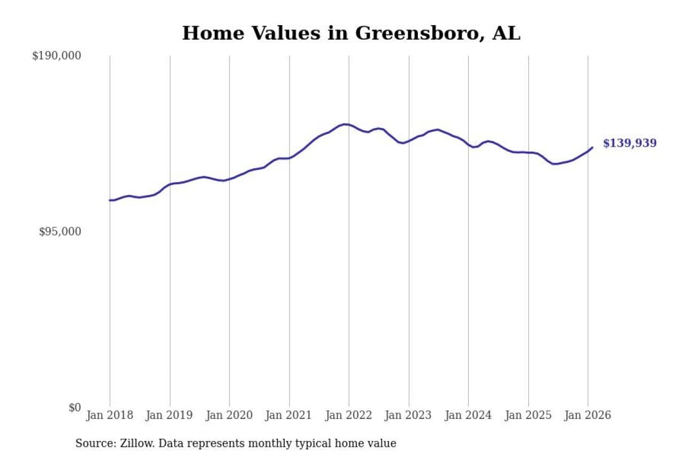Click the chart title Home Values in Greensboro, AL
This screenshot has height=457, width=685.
(351, 33)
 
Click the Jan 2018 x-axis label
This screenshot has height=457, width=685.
(110, 415)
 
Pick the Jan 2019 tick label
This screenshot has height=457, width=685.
(170, 415)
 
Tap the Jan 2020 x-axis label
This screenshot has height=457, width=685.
(230, 415)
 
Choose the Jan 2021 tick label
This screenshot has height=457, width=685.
(290, 415)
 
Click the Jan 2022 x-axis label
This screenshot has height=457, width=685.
(349, 415)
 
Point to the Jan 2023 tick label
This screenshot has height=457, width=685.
(409, 415)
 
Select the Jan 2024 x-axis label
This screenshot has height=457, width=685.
(468, 415)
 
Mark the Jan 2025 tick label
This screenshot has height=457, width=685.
(528, 415)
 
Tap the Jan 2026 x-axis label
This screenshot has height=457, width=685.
(588, 415)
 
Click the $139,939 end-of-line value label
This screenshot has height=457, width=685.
(629, 144)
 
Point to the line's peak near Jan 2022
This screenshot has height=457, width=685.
(345, 124)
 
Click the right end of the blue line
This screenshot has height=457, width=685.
(592, 147)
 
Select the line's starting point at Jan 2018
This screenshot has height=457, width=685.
(110, 200)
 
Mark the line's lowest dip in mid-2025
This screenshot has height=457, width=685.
(554, 164)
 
